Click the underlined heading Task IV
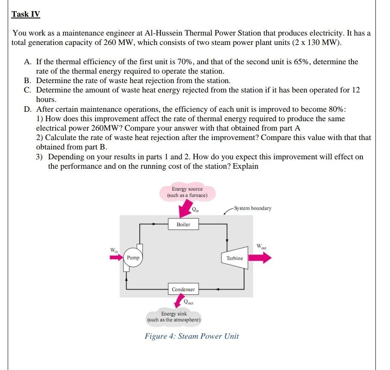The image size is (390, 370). pos(26,14)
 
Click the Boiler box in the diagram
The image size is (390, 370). pos(183,224)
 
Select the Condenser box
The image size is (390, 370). pos(183,289)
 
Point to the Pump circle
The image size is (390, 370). pos(133,258)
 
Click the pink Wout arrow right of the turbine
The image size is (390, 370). pos(261,258)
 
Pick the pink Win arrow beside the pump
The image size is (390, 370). pos(116,258)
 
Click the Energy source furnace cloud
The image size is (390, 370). pos(187,192)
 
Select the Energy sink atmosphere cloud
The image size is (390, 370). pos(174,317)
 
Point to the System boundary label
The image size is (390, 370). pos(252,208)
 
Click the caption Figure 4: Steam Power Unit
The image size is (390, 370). pos(192,336)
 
